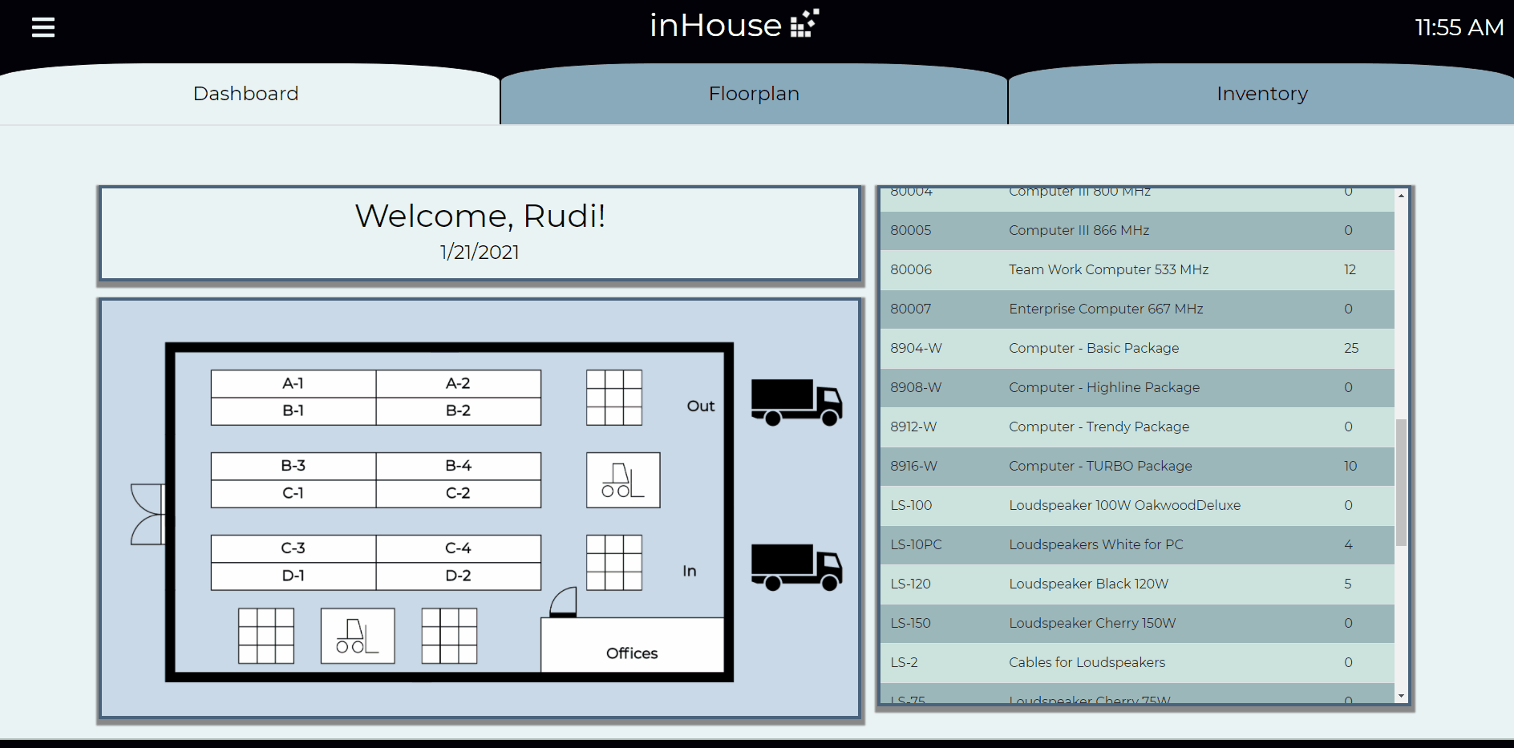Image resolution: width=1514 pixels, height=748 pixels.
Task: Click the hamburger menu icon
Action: pyautogui.click(x=43, y=27)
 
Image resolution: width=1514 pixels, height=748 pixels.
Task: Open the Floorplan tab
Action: pyautogui.click(x=753, y=94)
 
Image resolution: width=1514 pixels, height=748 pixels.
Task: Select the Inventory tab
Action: pyautogui.click(x=1261, y=94)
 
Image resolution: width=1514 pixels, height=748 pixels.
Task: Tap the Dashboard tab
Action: pyautogui.click(x=245, y=94)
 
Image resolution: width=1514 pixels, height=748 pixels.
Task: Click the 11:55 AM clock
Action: pyautogui.click(x=1459, y=27)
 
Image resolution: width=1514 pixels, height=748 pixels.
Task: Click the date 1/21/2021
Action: pyautogui.click(x=480, y=252)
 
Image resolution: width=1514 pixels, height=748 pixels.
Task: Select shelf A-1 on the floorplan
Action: pyautogui.click(x=293, y=383)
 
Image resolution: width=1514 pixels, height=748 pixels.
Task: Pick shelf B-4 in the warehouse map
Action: pyautogui.click(x=458, y=466)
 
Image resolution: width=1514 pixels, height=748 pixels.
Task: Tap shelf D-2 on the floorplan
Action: pyautogui.click(x=458, y=576)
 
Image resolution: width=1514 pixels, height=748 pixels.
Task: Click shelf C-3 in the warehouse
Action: pyautogui.click(x=293, y=548)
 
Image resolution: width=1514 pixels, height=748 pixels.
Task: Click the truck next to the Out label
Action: pyautogui.click(x=795, y=402)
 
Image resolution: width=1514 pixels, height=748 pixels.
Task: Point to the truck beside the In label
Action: pyautogui.click(x=795, y=567)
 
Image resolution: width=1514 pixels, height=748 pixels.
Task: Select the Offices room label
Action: pyautogui.click(x=632, y=653)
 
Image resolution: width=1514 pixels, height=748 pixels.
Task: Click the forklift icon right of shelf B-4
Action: pyautogui.click(x=623, y=480)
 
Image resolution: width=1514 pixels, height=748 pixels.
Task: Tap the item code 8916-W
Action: pyautogui.click(x=913, y=466)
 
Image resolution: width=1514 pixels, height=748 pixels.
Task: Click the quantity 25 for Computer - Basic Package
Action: pyautogui.click(x=1350, y=348)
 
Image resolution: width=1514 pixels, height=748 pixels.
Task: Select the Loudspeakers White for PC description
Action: pyautogui.click(x=1095, y=544)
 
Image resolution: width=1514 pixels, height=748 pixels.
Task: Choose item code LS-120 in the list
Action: pyautogui.click(x=910, y=584)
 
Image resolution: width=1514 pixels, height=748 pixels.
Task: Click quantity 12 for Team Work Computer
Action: pyautogui.click(x=1350, y=269)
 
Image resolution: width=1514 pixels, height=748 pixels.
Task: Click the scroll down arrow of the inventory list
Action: pyautogui.click(x=1401, y=696)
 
